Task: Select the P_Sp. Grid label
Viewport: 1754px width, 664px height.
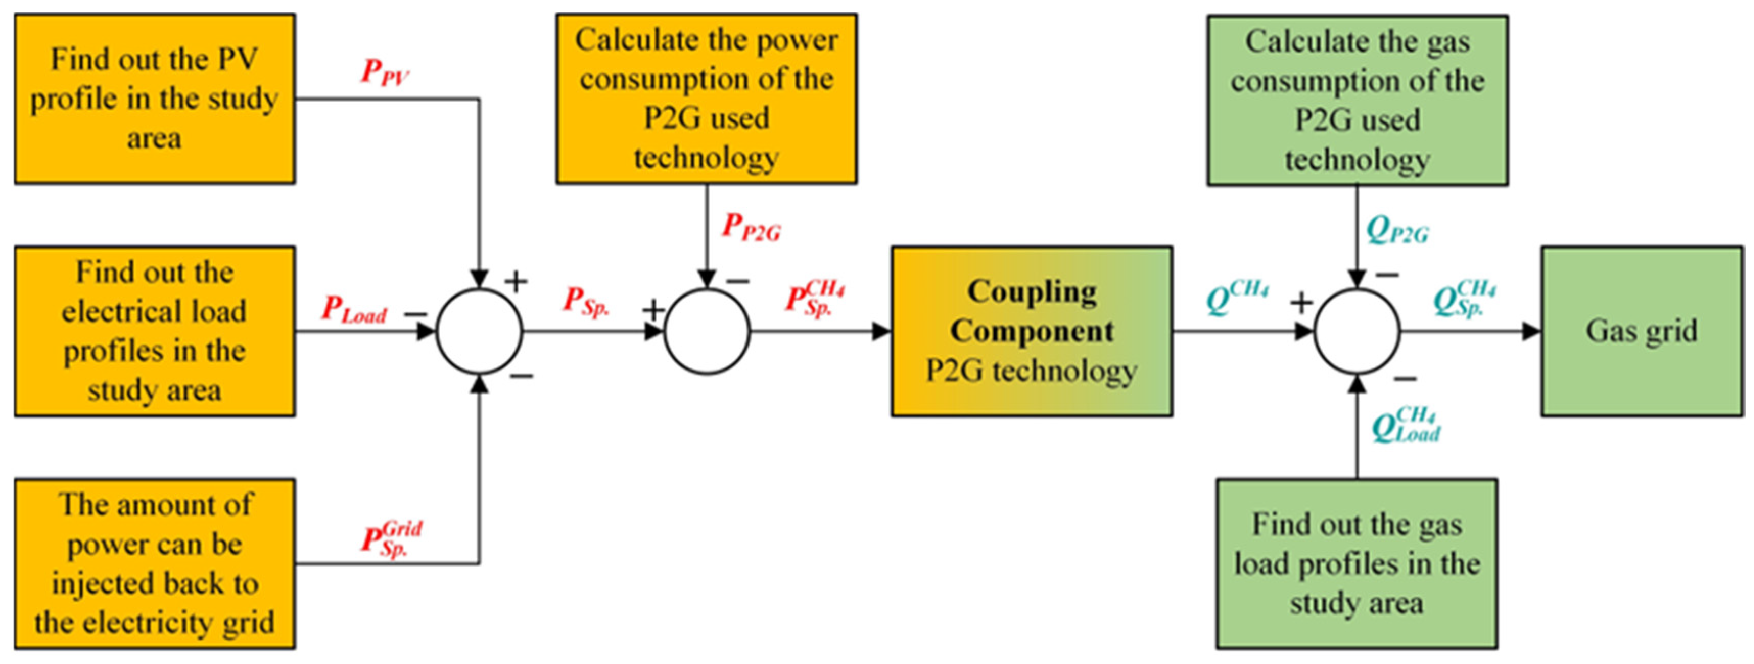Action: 391,539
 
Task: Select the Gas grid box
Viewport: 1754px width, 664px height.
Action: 1642,331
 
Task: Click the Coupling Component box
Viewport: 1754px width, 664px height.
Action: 1032,331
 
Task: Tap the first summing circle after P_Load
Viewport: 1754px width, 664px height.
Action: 479,331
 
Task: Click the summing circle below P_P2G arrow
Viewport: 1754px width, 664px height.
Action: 707,331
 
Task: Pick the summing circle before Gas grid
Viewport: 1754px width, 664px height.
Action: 1357,331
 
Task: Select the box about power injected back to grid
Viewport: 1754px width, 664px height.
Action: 155,563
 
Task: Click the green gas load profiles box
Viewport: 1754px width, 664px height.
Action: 1357,563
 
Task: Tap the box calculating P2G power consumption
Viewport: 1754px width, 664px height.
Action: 706,99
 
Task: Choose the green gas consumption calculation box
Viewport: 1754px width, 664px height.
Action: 1357,100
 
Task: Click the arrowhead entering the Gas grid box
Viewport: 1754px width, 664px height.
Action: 1532,331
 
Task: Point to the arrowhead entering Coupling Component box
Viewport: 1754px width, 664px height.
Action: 882,331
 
